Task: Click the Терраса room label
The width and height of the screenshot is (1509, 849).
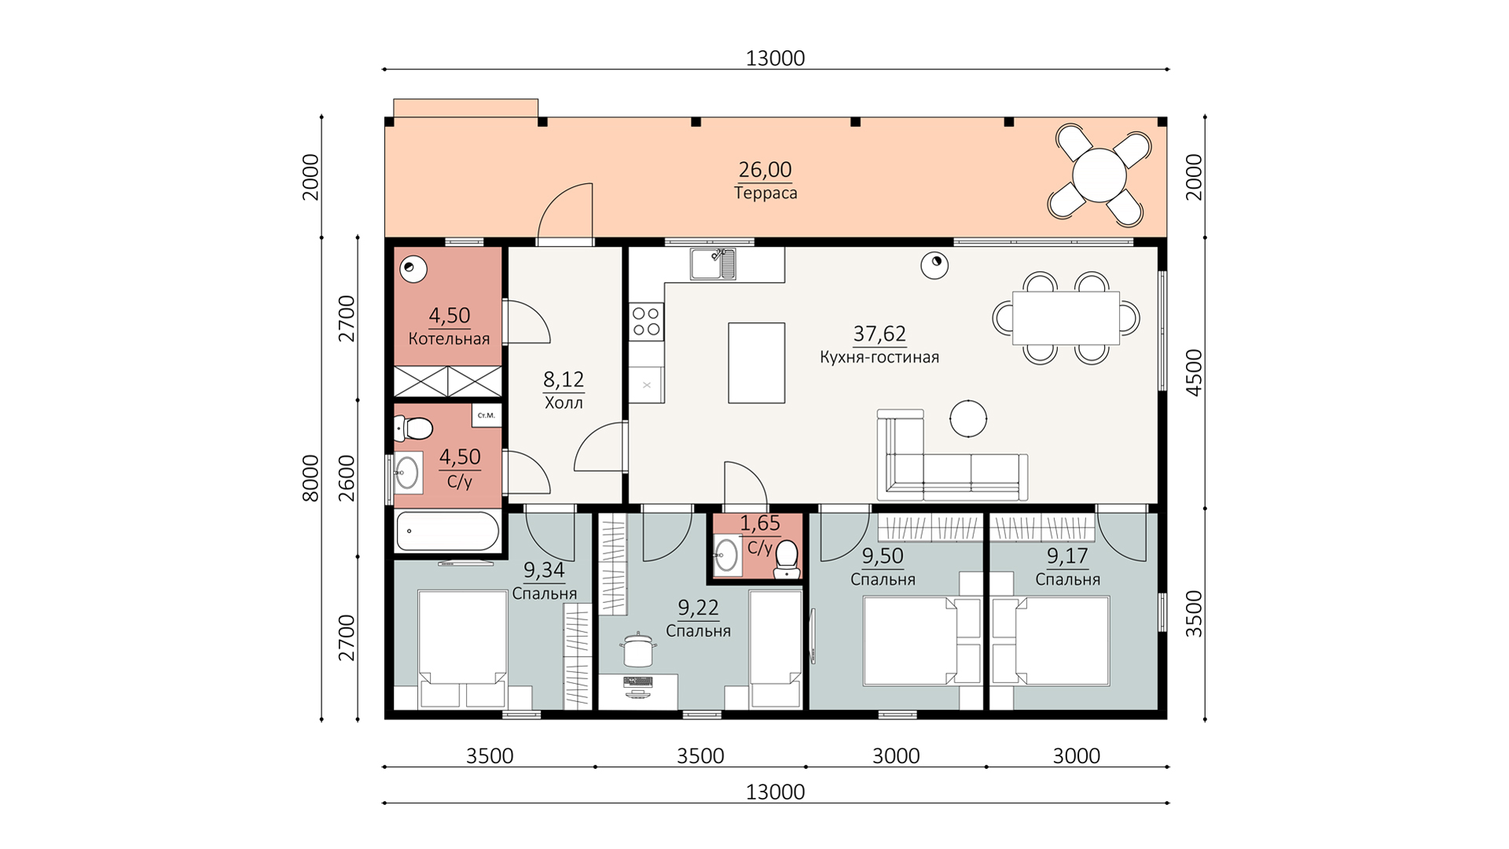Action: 766,193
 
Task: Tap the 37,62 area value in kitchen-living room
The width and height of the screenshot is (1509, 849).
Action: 879,334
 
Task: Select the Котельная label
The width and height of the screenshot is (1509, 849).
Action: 449,339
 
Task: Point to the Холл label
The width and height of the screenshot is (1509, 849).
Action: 564,403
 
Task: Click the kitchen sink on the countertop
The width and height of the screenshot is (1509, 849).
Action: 714,263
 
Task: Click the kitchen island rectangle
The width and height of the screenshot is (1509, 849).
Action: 756,363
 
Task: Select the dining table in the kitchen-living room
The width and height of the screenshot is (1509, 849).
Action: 1066,318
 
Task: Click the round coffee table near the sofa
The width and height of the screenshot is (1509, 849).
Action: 968,418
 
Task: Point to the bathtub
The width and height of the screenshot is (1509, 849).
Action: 447,531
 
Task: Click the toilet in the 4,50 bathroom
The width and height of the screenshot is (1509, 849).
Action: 414,428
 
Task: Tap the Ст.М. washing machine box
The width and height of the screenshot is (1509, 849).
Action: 486,415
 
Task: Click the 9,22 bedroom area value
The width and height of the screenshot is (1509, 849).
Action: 698,608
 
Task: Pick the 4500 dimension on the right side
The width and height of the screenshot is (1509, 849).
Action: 1193,373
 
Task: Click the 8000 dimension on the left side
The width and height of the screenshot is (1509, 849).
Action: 310,478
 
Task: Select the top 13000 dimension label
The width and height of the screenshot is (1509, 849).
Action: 775,58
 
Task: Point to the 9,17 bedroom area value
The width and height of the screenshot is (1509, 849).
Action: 1067,557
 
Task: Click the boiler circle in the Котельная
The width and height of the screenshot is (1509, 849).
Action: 413,270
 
